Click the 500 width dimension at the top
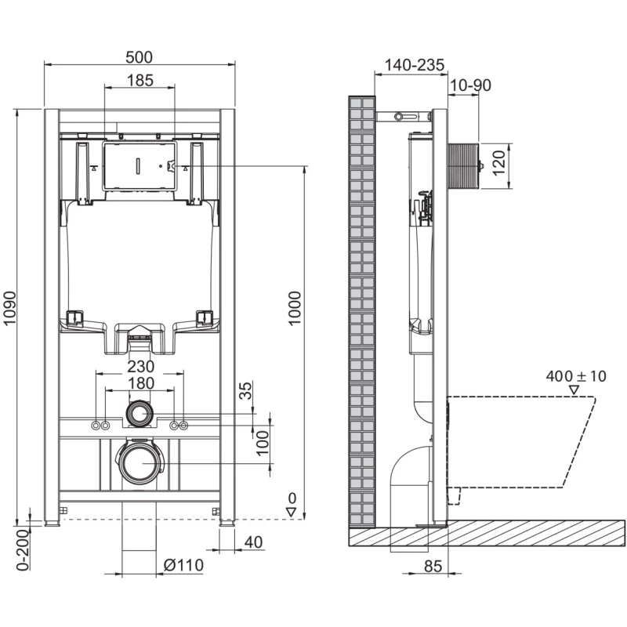click(140, 57)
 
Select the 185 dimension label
click(140, 81)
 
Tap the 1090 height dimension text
click(9, 308)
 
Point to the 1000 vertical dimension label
click(295, 308)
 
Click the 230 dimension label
click(141, 366)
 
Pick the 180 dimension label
click(141, 383)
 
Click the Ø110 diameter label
click(183, 565)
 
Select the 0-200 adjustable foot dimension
click(24, 549)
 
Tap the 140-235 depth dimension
click(415, 65)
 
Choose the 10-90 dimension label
click(470, 85)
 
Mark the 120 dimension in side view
click(498, 163)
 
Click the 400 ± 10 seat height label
click(576, 376)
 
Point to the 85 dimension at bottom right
click(433, 566)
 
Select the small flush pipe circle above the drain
click(140, 414)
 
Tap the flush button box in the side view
click(464, 165)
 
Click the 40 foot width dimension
click(253, 542)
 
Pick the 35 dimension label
click(247, 390)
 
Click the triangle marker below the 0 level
click(291, 513)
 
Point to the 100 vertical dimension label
click(263, 442)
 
